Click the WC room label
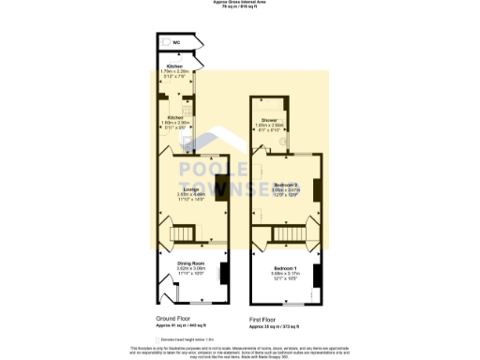point(175,42)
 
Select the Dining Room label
point(191,263)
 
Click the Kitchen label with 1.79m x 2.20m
point(174,66)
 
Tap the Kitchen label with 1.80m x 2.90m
point(174,117)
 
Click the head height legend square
point(157,339)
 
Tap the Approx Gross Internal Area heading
point(240,3)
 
